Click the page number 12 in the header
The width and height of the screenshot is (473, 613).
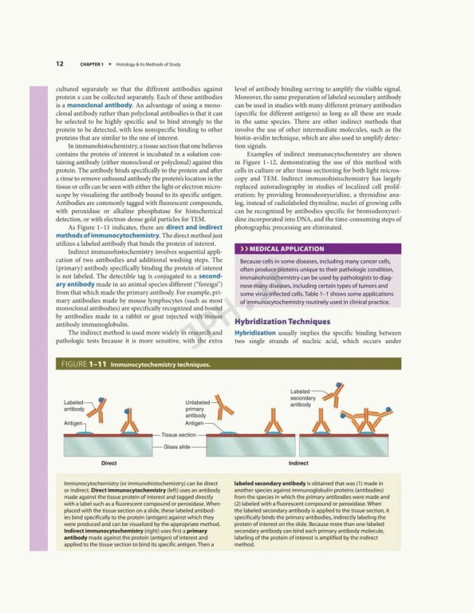(60, 63)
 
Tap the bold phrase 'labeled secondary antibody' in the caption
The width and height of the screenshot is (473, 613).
(277, 483)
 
